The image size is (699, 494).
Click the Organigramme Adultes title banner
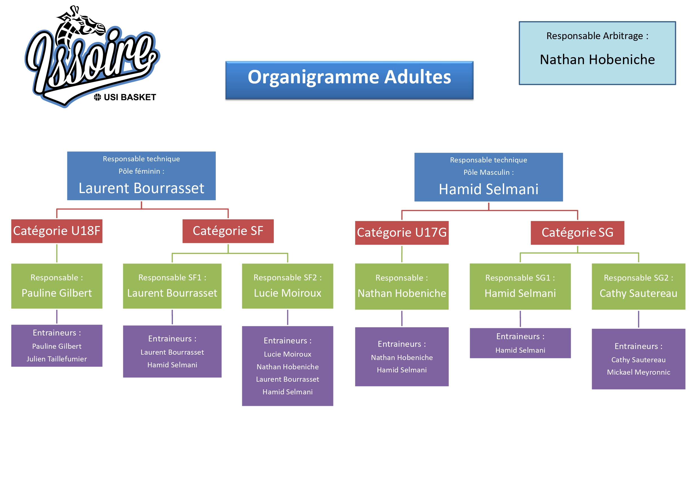pyautogui.click(x=349, y=80)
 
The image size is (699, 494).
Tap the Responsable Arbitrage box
pyautogui.click(x=597, y=53)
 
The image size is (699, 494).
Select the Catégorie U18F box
pyautogui.click(x=57, y=231)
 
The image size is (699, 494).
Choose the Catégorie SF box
pyautogui.click(x=228, y=231)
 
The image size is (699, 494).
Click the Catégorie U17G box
pyautogui.click(x=402, y=233)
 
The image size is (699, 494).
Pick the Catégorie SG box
pyautogui.click(x=577, y=233)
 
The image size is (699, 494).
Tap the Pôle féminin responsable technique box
pyautogui.click(x=141, y=176)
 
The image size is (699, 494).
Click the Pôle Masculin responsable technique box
pyautogui.click(x=488, y=177)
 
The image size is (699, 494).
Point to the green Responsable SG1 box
pyautogui.click(x=520, y=287)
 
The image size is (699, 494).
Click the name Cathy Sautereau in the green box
pyautogui.click(x=638, y=293)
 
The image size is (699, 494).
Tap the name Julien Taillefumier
pyautogui.click(x=57, y=359)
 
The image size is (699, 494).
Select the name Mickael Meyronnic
pyautogui.click(x=638, y=372)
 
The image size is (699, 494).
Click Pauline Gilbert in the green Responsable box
pyautogui.click(x=57, y=293)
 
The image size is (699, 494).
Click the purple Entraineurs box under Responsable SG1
pyautogui.click(x=520, y=343)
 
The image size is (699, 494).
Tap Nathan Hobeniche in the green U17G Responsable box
pyautogui.click(x=402, y=293)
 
